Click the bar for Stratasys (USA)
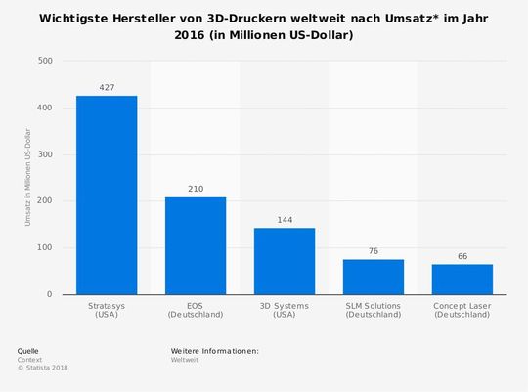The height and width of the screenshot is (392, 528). (x=107, y=195)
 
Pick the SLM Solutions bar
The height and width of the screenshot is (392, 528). (x=374, y=277)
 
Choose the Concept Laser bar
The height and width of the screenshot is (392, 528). (x=462, y=279)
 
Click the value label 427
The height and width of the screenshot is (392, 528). (x=107, y=87)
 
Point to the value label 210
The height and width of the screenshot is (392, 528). (x=196, y=188)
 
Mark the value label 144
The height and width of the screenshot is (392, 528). (x=285, y=219)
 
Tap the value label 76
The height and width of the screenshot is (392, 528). (x=374, y=250)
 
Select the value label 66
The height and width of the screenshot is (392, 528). (x=462, y=255)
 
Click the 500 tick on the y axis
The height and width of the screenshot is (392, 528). (x=45, y=61)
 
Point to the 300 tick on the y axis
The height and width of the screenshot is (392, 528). (x=45, y=154)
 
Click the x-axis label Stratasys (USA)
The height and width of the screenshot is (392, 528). (x=107, y=310)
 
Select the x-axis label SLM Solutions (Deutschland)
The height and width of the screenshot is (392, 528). (x=374, y=310)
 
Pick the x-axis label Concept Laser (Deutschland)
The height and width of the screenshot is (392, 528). (x=462, y=310)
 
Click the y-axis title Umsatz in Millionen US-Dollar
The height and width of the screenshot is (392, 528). (x=27, y=178)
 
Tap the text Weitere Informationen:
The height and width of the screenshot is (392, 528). (x=214, y=350)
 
